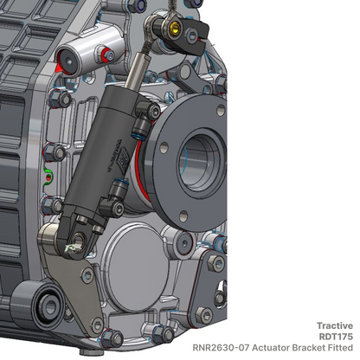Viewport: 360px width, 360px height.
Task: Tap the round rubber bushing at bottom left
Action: [x=42, y=305]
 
